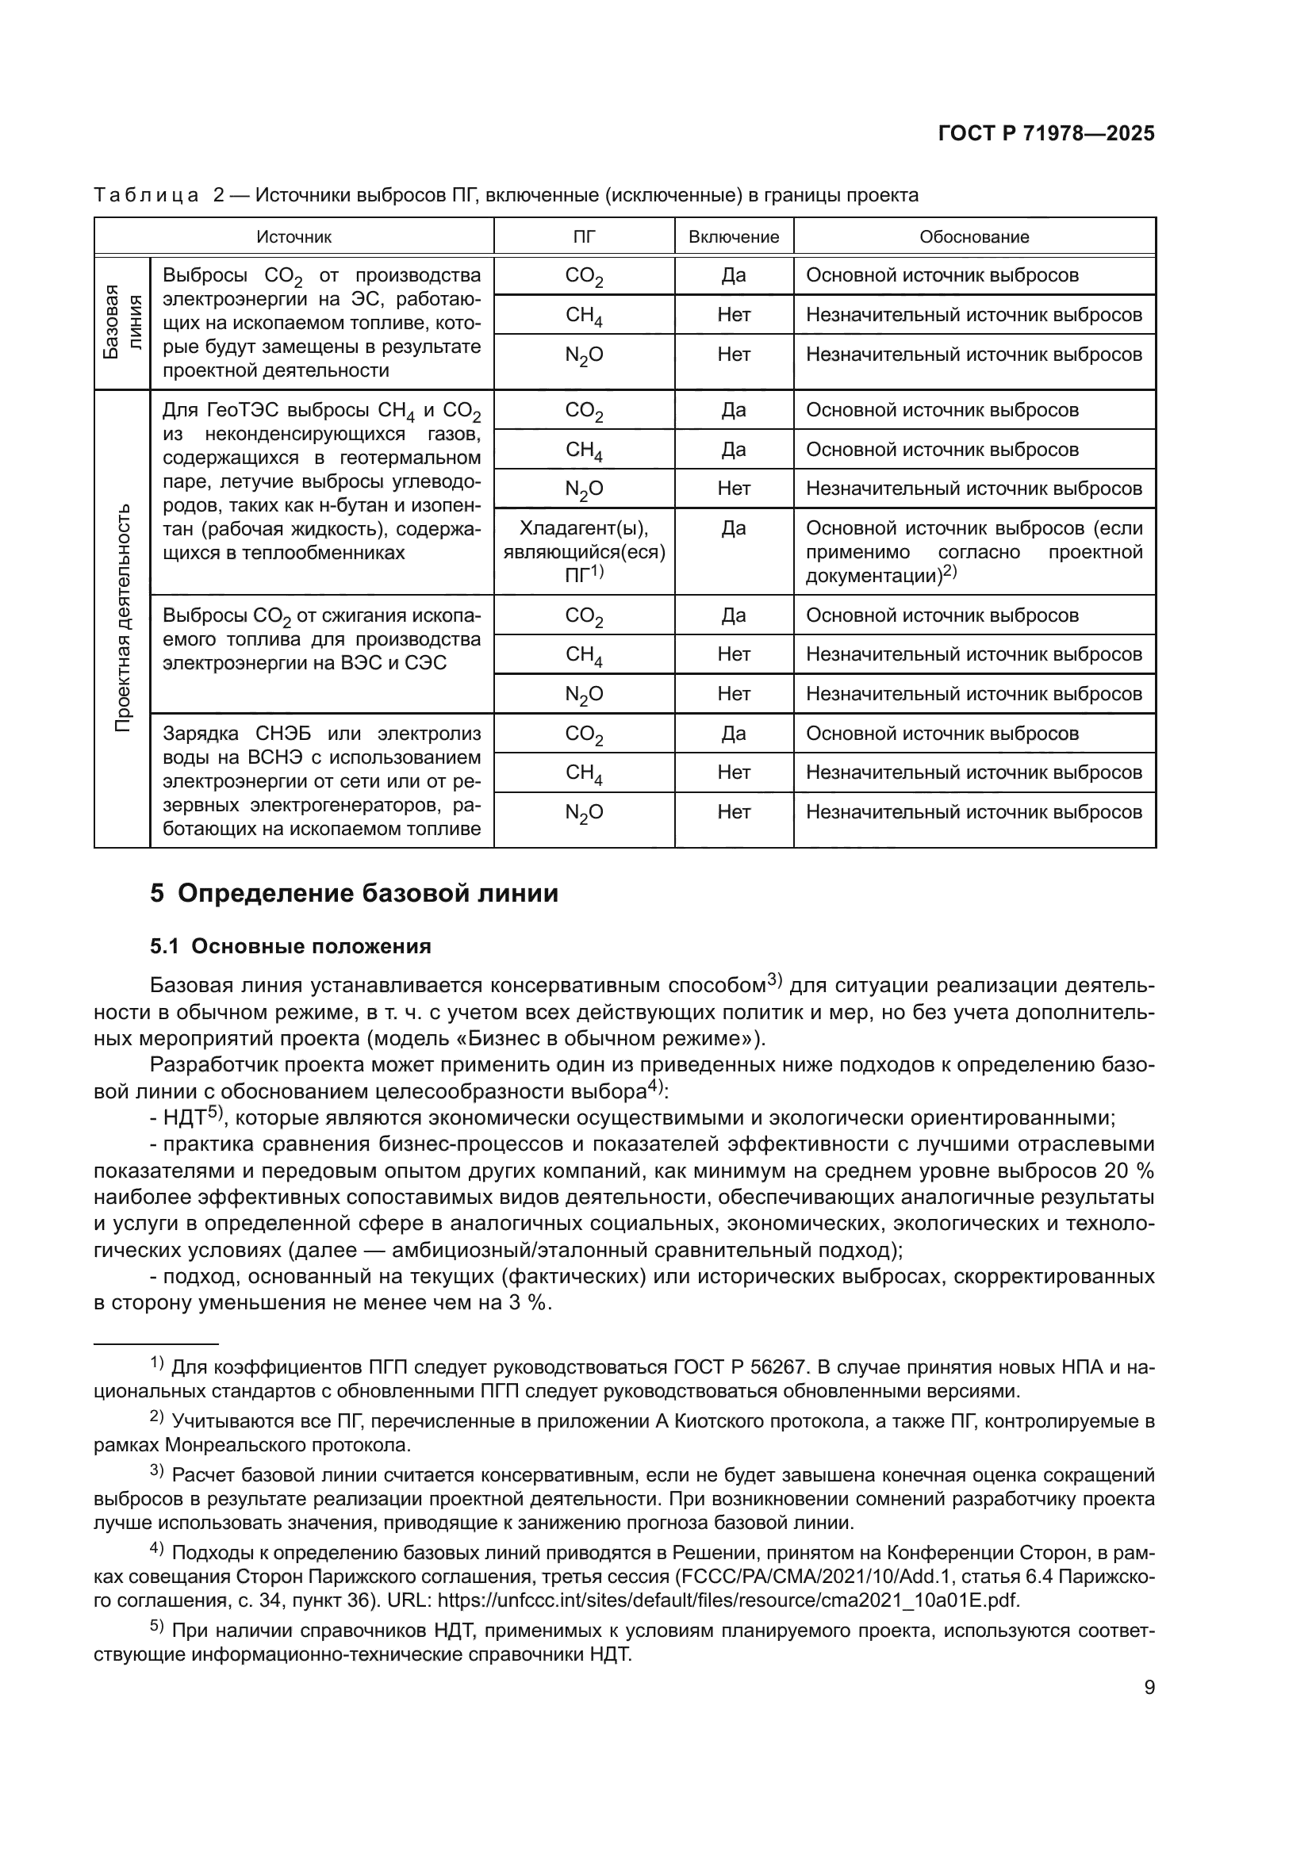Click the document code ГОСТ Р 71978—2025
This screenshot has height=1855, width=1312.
pyautogui.click(x=1046, y=134)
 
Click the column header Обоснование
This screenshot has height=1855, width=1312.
pyautogui.click(x=973, y=236)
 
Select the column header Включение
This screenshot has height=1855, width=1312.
pyautogui.click(x=734, y=236)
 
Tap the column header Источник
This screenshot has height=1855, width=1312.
pyautogui.click(x=294, y=236)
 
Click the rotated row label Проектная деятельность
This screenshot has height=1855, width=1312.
pyautogui.click(x=122, y=618)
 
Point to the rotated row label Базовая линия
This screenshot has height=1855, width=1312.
pyautogui.click(x=122, y=321)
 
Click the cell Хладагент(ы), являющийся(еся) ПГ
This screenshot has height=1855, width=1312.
pyautogui.click(x=584, y=551)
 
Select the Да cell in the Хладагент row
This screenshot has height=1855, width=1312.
pyautogui.click(x=734, y=528)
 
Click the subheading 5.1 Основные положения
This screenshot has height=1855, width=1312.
pyautogui.click(x=291, y=946)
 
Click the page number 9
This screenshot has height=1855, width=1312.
pyautogui.click(x=1149, y=1687)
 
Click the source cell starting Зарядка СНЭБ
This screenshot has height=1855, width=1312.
pyautogui.click(x=321, y=780)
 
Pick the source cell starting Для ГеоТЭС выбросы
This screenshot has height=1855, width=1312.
pyautogui.click(x=321, y=481)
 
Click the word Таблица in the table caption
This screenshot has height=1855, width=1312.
pyautogui.click(x=146, y=195)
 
